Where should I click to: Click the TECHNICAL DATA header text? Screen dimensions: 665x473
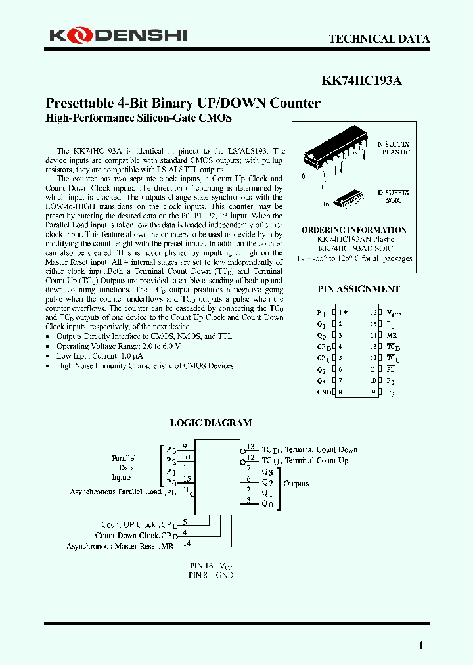(379, 39)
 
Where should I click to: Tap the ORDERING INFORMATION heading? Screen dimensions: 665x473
(353, 230)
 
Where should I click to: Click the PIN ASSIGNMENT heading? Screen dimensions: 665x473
(359, 289)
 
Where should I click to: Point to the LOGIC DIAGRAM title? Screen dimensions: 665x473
(211, 423)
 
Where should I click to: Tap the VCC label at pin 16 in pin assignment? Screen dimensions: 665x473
(393, 314)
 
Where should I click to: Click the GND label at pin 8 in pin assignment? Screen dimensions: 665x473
(322, 392)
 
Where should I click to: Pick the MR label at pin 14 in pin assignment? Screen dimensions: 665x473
(391, 336)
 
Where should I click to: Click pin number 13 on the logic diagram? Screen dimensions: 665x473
(250, 446)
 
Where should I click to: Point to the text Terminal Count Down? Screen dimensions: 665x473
(321, 450)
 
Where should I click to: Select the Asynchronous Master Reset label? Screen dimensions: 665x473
(112, 547)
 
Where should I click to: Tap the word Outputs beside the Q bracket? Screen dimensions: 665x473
(296, 484)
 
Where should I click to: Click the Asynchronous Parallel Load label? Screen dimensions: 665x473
(116, 492)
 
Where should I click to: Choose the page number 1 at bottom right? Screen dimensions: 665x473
(421, 645)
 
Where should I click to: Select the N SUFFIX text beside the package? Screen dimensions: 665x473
(393, 144)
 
